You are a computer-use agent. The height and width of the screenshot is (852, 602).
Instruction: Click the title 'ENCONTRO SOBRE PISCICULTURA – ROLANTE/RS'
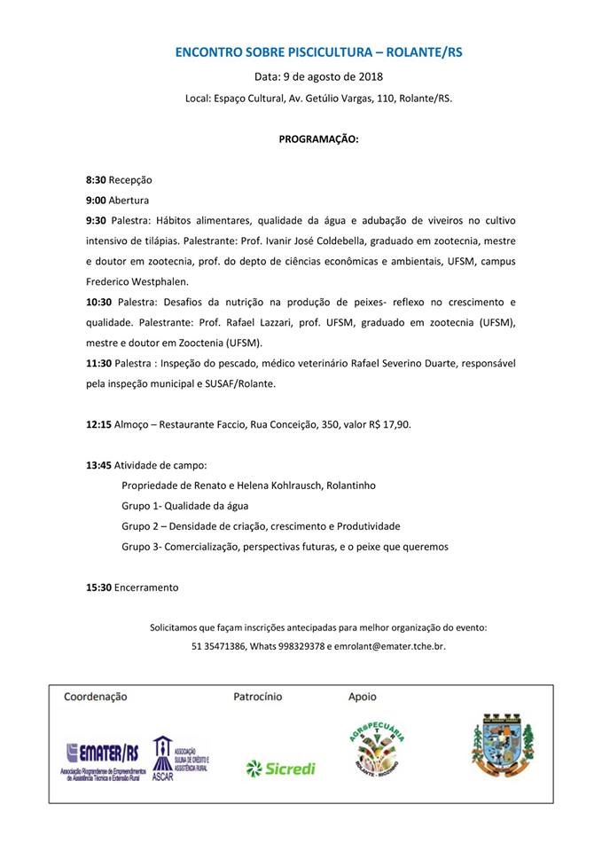(x=318, y=52)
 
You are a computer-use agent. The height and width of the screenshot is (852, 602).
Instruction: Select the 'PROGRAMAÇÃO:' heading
(x=318, y=139)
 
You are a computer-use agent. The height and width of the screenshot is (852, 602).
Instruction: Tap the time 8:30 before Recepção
(x=96, y=179)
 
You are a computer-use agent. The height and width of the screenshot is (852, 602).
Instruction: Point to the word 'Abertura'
(x=129, y=200)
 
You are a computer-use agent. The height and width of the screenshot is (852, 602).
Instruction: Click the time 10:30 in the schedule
(x=98, y=302)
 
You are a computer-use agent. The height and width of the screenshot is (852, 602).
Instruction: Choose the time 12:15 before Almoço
(x=98, y=424)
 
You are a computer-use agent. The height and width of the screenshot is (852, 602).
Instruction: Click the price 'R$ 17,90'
(x=389, y=424)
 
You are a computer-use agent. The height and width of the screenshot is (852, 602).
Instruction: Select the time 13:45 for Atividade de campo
(x=98, y=465)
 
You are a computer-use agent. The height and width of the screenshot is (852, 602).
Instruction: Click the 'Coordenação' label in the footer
(x=96, y=697)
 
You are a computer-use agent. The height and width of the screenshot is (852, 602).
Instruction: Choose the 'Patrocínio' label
(x=257, y=697)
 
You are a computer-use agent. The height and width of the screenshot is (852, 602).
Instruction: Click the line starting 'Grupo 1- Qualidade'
(x=184, y=506)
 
